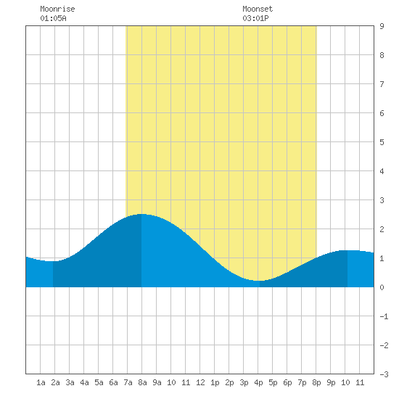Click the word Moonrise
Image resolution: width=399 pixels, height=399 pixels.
[x=57, y=9]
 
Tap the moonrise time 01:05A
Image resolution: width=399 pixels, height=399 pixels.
[x=53, y=18]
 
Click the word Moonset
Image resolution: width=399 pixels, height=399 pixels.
[x=258, y=9]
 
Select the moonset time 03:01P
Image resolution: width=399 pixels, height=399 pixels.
[x=255, y=18]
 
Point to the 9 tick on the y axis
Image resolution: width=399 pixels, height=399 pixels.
[x=382, y=26]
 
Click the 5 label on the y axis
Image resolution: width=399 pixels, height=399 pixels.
[x=382, y=142]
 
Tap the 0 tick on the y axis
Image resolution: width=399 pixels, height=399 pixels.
[x=382, y=287]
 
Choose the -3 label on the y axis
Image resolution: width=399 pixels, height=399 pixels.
[x=384, y=374]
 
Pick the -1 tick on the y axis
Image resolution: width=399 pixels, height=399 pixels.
[x=384, y=316]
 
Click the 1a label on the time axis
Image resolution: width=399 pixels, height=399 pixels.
[x=41, y=382]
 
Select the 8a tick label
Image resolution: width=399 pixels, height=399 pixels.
[x=142, y=382]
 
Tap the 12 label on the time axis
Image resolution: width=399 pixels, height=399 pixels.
[x=200, y=382]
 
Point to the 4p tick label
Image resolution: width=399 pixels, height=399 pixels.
[x=258, y=382]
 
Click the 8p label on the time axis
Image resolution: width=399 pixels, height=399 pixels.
[x=316, y=382]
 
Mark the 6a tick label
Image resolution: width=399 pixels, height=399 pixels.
[x=113, y=382]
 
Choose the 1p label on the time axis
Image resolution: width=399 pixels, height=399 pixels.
[x=215, y=382]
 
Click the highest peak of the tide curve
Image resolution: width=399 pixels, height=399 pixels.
[x=141, y=214]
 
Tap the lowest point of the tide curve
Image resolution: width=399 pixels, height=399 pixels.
[x=259, y=281]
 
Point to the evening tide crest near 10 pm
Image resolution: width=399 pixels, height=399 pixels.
[x=347, y=251]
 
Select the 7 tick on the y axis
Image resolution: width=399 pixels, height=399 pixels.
[x=382, y=84]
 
